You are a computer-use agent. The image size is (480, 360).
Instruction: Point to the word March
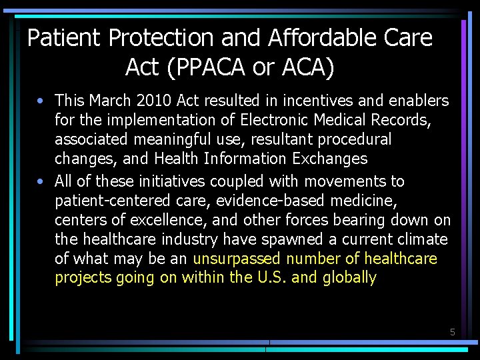click(111, 101)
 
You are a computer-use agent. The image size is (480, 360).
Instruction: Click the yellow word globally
click(349, 278)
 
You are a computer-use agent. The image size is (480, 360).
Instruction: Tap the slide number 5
click(452, 331)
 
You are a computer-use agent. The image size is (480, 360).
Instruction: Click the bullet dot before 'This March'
click(42, 101)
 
